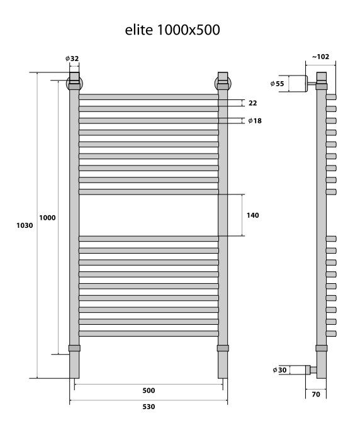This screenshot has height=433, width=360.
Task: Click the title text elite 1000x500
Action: click(x=172, y=30)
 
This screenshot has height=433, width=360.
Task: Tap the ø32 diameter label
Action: click(x=72, y=59)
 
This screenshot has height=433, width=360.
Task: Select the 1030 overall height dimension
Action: click(x=25, y=225)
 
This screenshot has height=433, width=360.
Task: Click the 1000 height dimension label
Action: click(x=47, y=218)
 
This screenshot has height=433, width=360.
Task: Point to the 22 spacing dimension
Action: click(x=252, y=103)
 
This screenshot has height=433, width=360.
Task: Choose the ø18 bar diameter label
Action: click(x=255, y=121)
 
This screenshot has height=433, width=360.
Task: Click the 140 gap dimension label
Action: click(x=252, y=215)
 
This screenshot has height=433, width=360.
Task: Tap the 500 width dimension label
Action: click(x=149, y=390)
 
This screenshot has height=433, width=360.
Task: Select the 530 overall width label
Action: click(x=149, y=407)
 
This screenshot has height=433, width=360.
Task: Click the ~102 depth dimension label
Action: click(x=320, y=57)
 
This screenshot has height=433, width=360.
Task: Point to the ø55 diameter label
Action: click(x=277, y=84)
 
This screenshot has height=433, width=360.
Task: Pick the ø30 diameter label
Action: click(x=279, y=370)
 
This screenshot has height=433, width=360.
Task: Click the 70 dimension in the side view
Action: click(x=316, y=394)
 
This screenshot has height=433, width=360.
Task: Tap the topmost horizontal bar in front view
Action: click(x=149, y=97)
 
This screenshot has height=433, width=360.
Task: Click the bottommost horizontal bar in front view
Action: click(x=149, y=334)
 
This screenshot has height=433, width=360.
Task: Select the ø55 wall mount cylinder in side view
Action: click(x=298, y=84)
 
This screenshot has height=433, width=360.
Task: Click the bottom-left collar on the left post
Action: click(x=74, y=348)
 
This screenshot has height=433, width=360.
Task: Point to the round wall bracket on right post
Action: click(x=223, y=84)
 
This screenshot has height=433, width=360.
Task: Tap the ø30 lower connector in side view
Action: click(x=300, y=370)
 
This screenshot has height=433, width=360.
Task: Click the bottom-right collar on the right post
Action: click(x=223, y=348)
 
